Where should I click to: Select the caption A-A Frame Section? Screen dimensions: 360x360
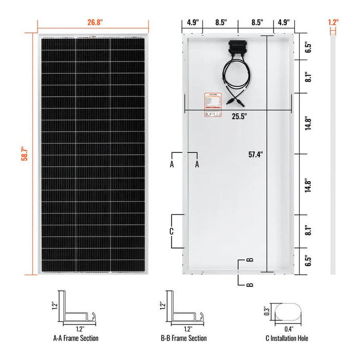click(76, 338)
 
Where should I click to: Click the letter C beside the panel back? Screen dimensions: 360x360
click(172, 231)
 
